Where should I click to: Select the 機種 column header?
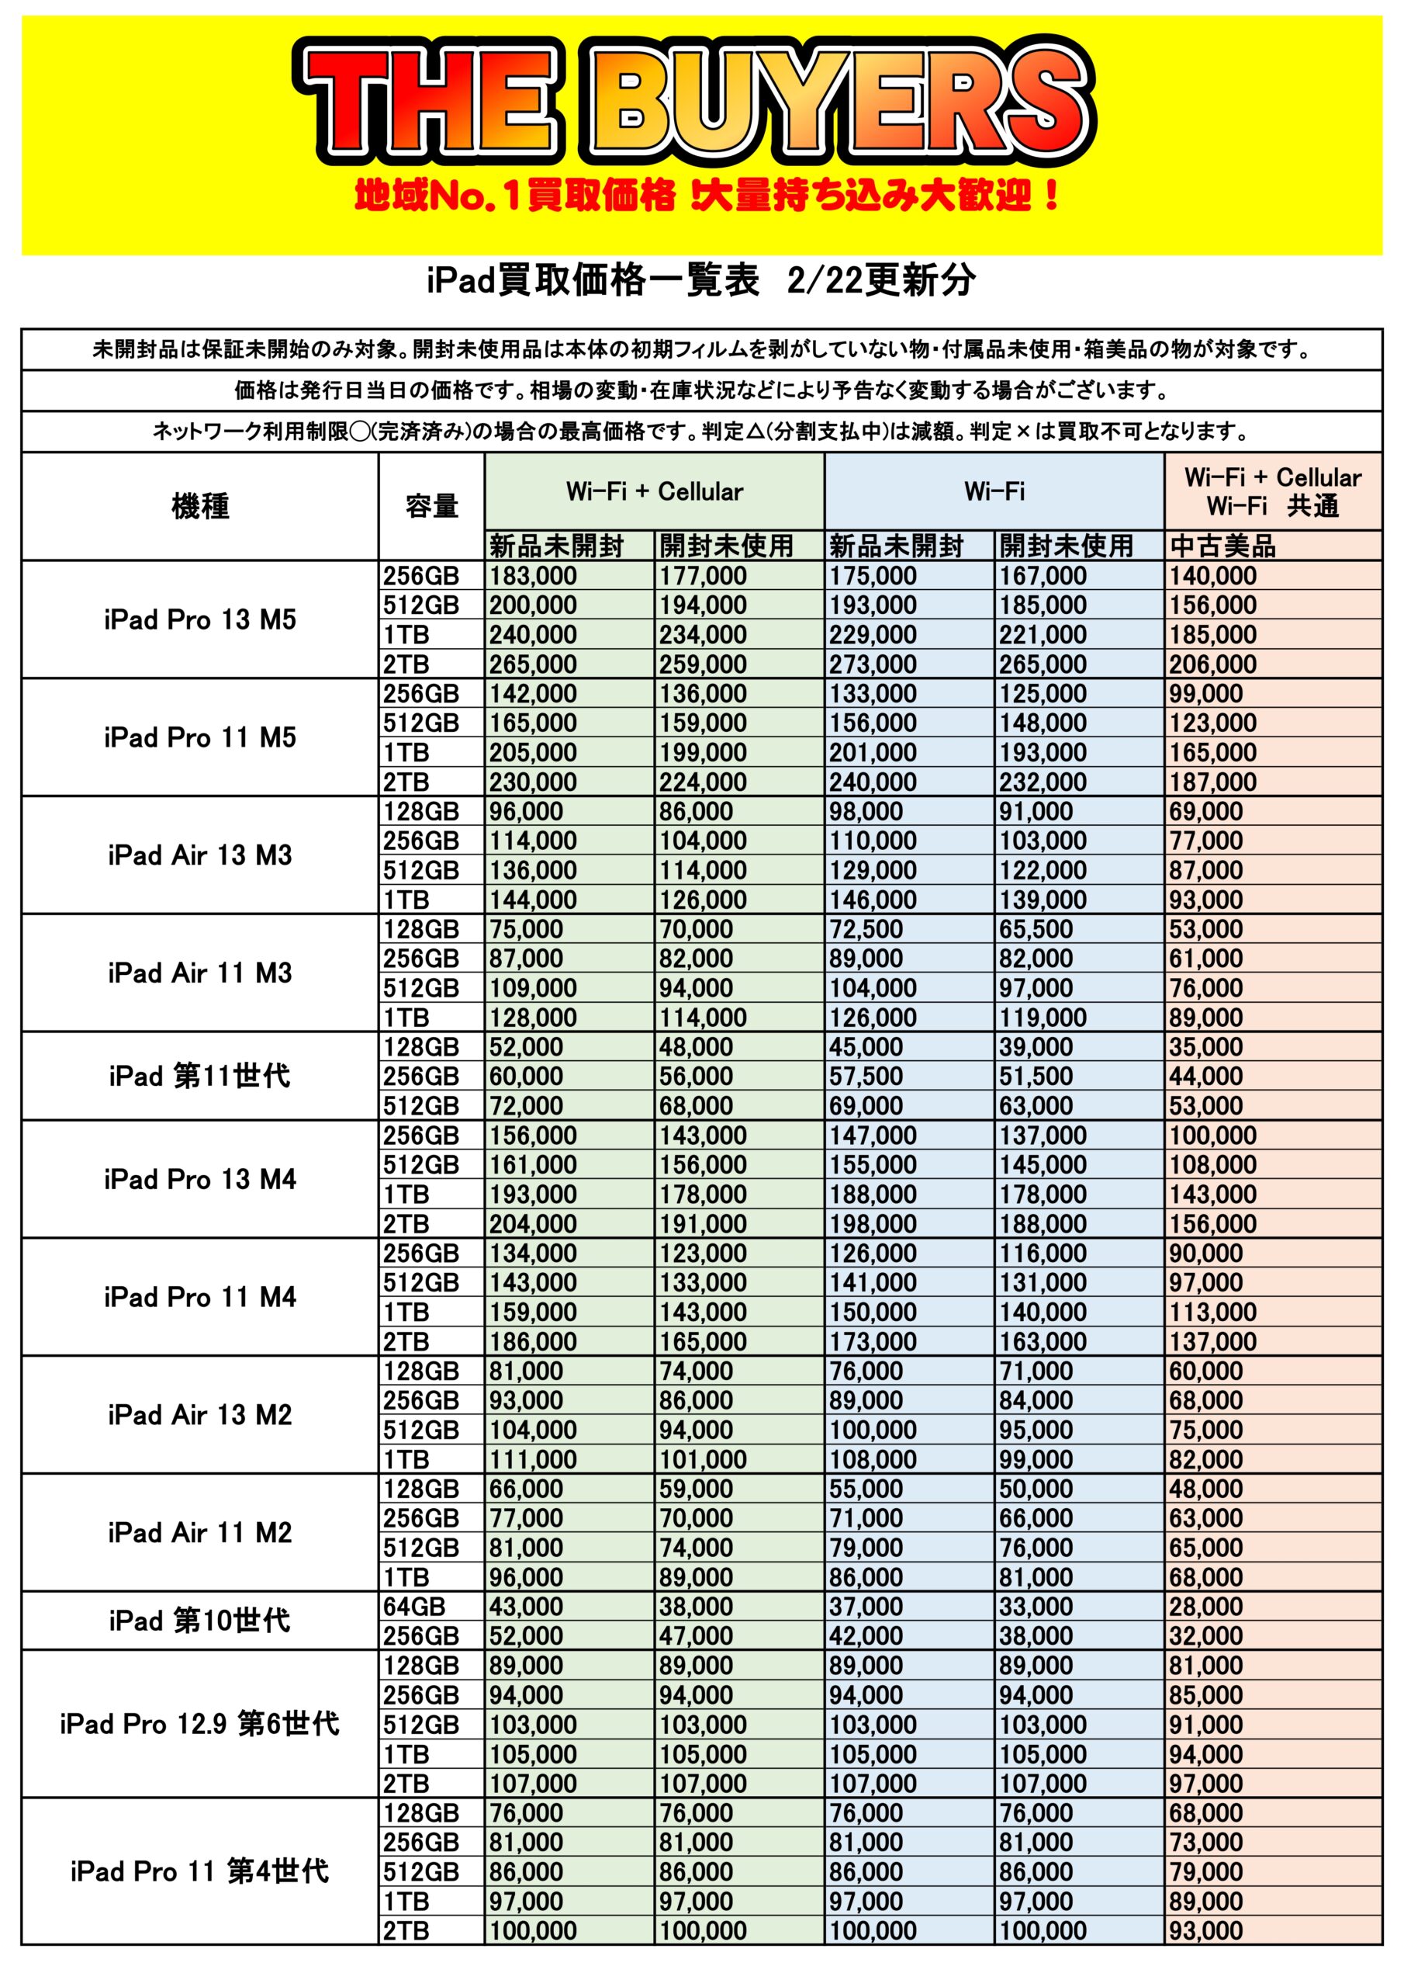[x=200, y=506]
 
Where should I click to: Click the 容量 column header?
[x=431, y=506]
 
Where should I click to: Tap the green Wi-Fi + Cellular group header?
[x=654, y=491]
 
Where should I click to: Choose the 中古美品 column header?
[x=1222, y=546]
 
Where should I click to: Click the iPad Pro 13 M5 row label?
[x=200, y=619]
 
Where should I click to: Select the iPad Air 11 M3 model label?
[x=200, y=973]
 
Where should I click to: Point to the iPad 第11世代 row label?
[x=200, y=1076]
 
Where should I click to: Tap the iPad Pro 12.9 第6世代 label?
[x=200, y=1724]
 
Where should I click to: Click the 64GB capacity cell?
[x=414, y=1606]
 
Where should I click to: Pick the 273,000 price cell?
[x=872, y=664]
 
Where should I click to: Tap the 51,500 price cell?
[x=1036, y=1077]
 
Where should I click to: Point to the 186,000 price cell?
[x=532, y=1341]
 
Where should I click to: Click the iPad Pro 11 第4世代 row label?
[x=200, y=1871]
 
